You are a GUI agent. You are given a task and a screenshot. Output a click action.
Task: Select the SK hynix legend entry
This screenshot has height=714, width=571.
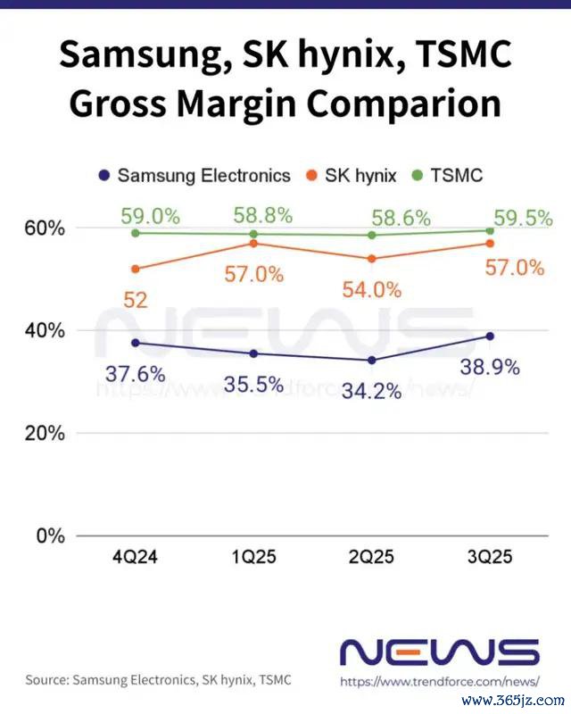[352, 175]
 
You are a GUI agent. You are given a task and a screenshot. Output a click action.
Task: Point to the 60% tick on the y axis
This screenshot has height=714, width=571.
[44, 228]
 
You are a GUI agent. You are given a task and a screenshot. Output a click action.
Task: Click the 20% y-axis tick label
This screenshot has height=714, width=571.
[44, 434]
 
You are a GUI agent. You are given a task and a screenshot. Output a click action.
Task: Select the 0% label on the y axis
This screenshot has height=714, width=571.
[50, 536]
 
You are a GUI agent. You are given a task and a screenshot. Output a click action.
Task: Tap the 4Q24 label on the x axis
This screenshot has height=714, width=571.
[136, 558]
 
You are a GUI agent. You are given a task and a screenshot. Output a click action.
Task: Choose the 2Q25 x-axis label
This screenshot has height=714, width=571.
[371, 558]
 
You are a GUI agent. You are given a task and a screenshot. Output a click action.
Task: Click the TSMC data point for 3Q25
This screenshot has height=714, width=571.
[489, 230]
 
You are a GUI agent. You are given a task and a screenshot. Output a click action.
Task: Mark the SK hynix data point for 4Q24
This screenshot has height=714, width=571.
[136, 269]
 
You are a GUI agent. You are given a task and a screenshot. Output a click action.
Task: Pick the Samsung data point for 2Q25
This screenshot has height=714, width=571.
[371, 360]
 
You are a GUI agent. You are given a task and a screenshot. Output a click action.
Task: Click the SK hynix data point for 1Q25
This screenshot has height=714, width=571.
[253, 243]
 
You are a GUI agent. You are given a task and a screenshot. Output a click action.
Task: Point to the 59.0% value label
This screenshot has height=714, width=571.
[149, 217]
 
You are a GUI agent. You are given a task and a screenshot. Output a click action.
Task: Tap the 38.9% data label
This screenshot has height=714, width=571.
[489, 366]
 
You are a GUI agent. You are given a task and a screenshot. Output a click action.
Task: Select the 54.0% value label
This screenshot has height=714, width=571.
[371, 290]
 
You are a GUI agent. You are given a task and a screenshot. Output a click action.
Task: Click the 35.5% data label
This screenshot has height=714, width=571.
[253, 386]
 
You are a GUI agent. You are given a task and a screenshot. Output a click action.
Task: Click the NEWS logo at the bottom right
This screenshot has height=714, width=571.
[441, 652]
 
